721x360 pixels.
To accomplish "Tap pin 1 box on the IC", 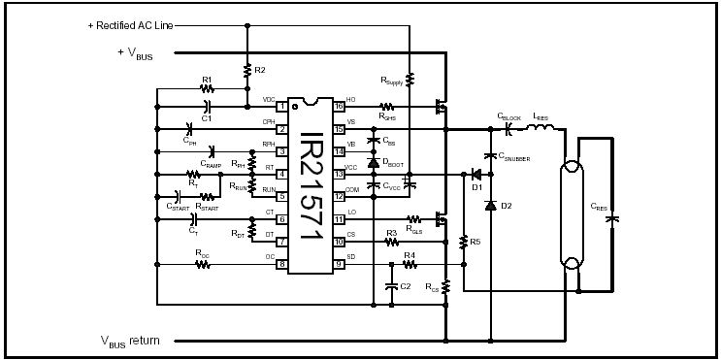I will [x=282, y=106].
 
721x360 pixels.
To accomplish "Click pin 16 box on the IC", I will [x=339, y=106].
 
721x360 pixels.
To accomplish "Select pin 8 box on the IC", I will [x=282, y=264].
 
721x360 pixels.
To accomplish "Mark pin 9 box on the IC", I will [x=339, y=264].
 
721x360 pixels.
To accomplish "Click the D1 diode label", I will [x=476, y=187].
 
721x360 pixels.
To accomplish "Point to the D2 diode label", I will [x=506, y=206].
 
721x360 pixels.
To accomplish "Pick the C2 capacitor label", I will [x=406, y=286].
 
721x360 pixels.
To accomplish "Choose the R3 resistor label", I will [x=392, y=233].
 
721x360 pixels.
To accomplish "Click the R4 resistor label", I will [x=410, y=255].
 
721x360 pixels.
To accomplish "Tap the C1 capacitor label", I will [x=206, y=118].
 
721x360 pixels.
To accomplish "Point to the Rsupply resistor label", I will [x=391, y=82].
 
